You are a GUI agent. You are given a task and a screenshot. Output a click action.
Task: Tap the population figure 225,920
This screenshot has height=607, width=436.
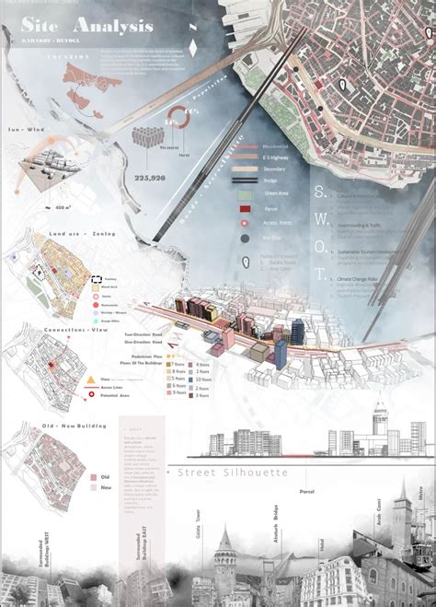150,179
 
